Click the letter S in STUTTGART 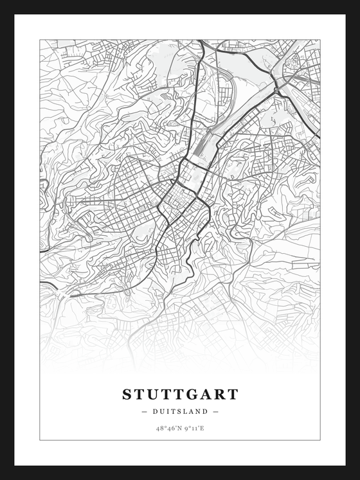pyautogui.click(x=127, y=394)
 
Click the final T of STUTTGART pyautogui.click(x=233, y=394)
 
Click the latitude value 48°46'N pyautogui.click(x=169, y=427)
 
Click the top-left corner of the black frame pyautogui.click(x=2, y=2)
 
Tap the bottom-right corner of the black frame pyautogui.click(x=357, y=477)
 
